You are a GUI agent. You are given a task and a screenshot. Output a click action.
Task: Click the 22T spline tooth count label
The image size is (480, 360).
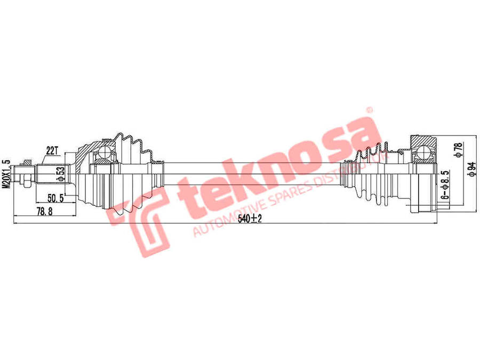pyautogui.click(x=52, y=150)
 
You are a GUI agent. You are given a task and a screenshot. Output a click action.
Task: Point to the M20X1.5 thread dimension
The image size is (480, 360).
pyautogui.click(x=6, y=173)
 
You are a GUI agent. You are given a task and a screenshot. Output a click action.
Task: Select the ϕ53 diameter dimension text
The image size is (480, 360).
pyautogui.click(x=62, y=174)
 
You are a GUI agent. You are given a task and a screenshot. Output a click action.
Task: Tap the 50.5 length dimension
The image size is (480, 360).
pyautogui.click(x=55, y=198)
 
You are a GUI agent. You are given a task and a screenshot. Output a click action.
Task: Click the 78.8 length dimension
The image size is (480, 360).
pyautogui.click(x=44, y=211)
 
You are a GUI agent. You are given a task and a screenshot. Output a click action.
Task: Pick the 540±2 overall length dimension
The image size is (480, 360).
pyautogui.click(x=250, y=219)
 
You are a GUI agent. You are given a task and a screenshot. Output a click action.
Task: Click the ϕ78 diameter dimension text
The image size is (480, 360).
pyautogui.click(x=459, y=150)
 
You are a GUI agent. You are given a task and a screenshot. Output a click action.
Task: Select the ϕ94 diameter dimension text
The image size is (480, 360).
pyautogui.click(x=473, y=169)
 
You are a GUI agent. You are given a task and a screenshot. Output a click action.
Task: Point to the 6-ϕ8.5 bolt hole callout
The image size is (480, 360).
pyautogui.click(x=446, y=185)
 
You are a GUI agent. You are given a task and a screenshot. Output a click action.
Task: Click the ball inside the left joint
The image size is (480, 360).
pyautogui.click(x=105, y=152)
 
